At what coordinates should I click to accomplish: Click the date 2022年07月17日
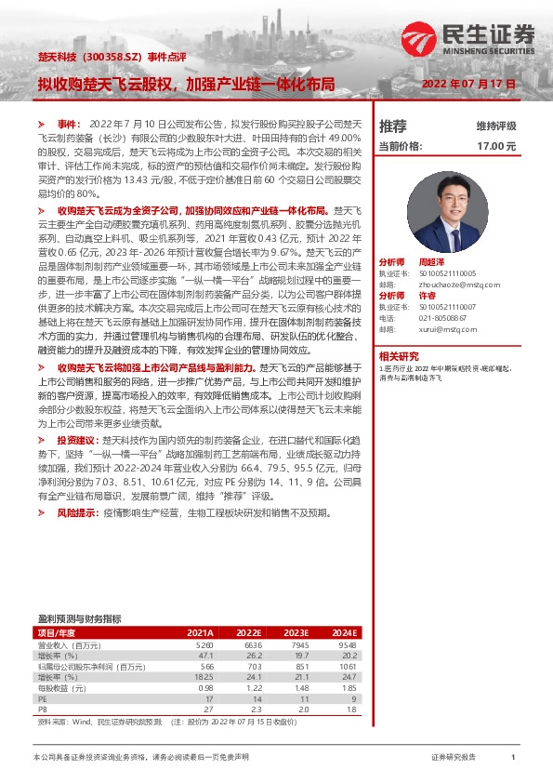468,84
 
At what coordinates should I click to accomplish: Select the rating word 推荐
393,126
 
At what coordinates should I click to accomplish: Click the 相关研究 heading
399,355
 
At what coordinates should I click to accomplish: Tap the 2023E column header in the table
296,632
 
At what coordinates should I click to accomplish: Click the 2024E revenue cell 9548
348,644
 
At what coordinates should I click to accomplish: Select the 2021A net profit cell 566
205,667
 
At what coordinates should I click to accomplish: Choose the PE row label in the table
43,697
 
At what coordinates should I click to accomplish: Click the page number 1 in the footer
513,758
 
